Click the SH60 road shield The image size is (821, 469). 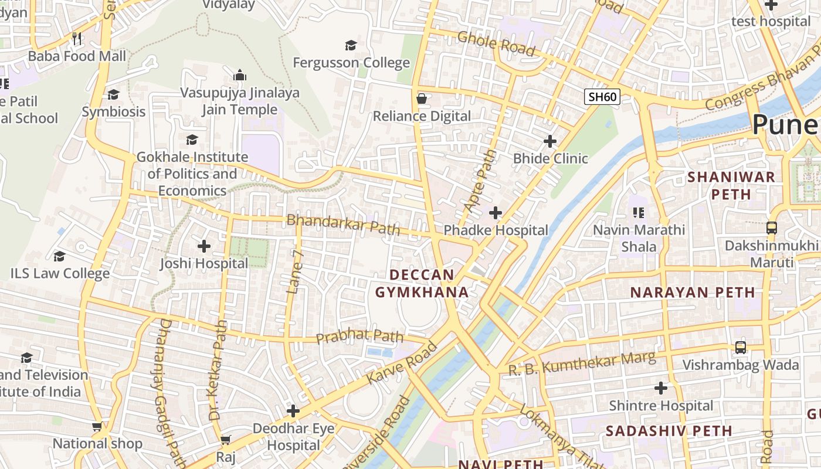point(602,97)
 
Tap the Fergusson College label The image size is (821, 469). point(351,63)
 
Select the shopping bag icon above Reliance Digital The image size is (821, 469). point(421,98)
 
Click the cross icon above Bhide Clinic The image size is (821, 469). point(550,141)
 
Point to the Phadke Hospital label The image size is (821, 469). point(496,230)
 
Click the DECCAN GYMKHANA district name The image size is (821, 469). point(422,283)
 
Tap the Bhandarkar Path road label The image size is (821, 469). point(343,225)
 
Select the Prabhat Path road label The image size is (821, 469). point(359,337)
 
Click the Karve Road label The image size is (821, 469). point(402,363)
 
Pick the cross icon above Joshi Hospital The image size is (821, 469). point(204,246)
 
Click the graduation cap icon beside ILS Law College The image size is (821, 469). point(59,257)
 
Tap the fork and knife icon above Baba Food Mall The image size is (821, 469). point(77,39)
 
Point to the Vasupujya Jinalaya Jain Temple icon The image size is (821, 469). point(239,76)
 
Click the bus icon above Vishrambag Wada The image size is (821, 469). point(741,348)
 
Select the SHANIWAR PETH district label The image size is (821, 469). point(731,185)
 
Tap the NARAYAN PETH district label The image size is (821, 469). point(692,292)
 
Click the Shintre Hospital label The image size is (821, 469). point(661,406)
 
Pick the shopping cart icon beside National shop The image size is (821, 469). point(97,427)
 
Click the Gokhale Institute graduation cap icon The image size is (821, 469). point(192,140)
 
